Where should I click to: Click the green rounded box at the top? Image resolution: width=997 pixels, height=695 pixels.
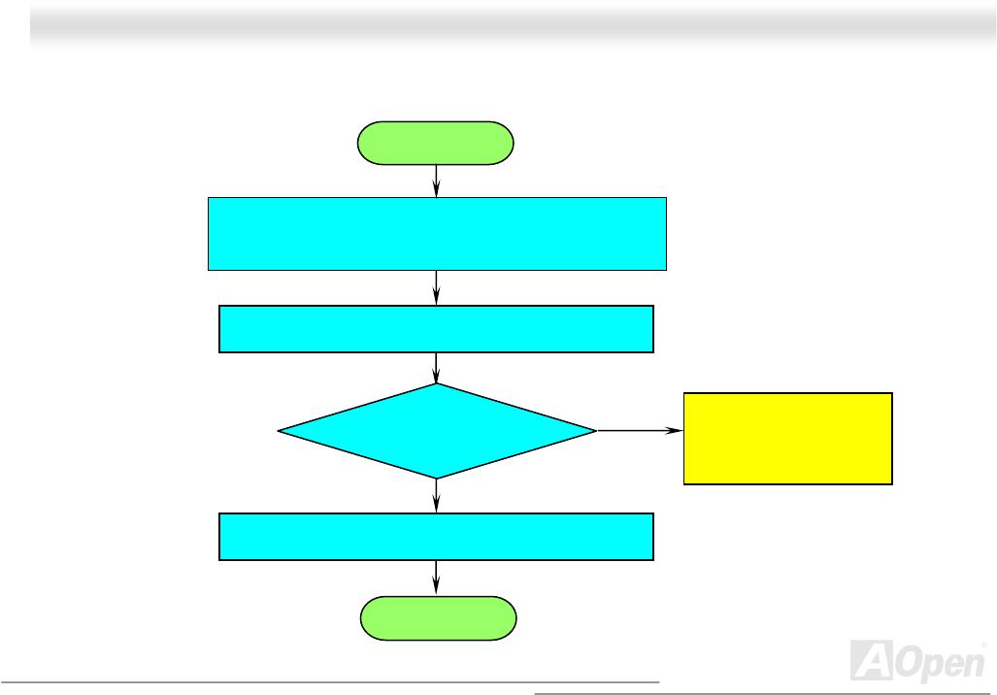click(x=436, y=143)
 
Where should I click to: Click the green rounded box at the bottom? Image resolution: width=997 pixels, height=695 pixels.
click(x=438, y=618)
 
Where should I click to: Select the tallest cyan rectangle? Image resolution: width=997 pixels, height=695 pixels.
click(x=437, y=233)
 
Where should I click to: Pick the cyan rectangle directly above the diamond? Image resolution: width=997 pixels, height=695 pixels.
click(x=436, y=329)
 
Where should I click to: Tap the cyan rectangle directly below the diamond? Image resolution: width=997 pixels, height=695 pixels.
click(x=436, y=537)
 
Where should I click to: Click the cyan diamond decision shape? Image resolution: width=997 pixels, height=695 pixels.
click(x=437, y=431)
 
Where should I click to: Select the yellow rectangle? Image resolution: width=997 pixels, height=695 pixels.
click(x=787, y=438)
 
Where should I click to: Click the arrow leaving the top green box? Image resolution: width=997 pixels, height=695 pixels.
click(x=437, y=181)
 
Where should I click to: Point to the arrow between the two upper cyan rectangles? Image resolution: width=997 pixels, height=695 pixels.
click(x=437, y=287)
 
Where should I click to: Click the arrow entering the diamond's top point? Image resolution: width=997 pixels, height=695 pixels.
click(x=437, y=368)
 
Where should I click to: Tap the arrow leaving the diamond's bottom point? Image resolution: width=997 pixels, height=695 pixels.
click(x=437, y=496)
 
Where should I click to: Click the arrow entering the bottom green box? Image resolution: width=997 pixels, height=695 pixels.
click(x=437, y=579)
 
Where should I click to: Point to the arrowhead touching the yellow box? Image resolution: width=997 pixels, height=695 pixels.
click(x=677, y=431)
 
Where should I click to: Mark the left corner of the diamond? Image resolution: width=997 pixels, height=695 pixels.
click(x=280, y=431)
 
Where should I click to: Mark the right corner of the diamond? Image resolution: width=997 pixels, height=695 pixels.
click(x=595, y=431)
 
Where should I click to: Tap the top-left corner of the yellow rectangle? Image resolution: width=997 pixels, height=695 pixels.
click(x=685, y=393)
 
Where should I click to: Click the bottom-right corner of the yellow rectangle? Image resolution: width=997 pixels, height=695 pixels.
click(x=891, y=482)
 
